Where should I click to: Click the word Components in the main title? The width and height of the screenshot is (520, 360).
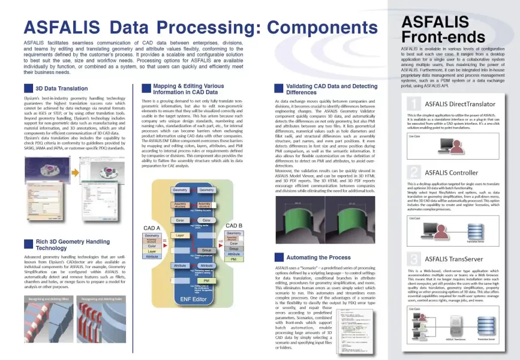[314, 27]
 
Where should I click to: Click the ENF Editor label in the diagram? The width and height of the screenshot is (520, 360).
[193, 299]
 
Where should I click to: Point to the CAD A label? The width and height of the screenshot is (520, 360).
[152, 229]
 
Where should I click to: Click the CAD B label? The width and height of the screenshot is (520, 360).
[233, 225]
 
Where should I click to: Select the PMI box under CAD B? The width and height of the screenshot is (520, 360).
[234, 259]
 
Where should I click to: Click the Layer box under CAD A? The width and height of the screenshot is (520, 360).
[152, 251]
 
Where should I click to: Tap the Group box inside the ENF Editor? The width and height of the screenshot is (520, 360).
[206, 250]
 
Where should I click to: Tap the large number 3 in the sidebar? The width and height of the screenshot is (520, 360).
[412, 259]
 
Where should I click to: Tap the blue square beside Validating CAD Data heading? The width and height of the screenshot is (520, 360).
[278, 89]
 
